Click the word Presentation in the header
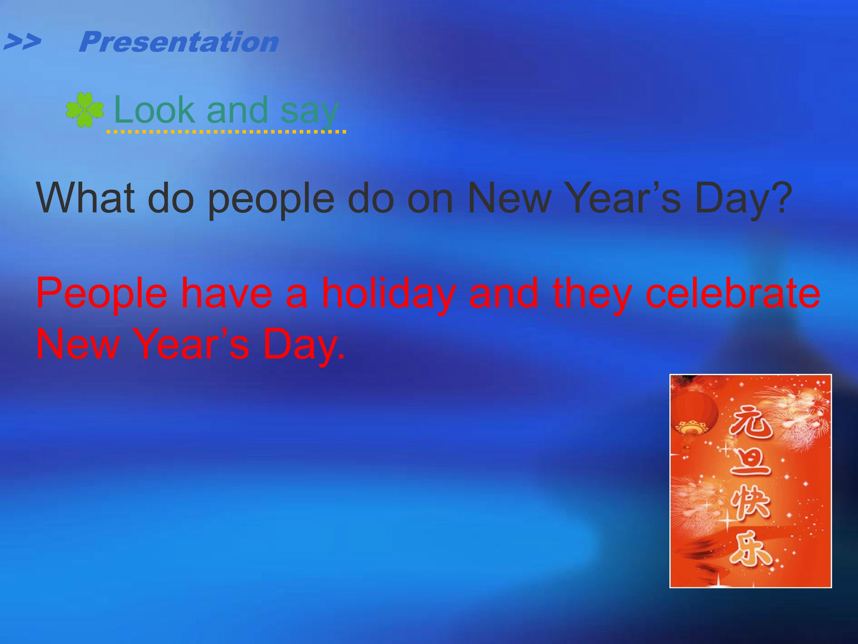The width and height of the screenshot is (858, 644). [x=178, y=42]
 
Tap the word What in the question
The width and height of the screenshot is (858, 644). [x=85, y=198]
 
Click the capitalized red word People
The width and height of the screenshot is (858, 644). [x=102, y=294]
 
